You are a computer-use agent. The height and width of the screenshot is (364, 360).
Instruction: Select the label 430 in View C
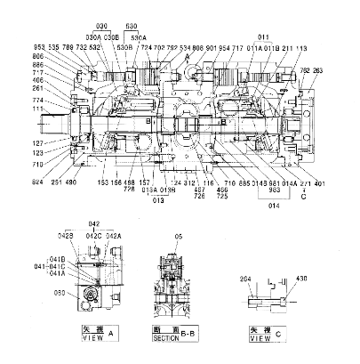click(x=300, y=279)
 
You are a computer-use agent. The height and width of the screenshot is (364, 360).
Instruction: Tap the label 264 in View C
click(x=245, y=279)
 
